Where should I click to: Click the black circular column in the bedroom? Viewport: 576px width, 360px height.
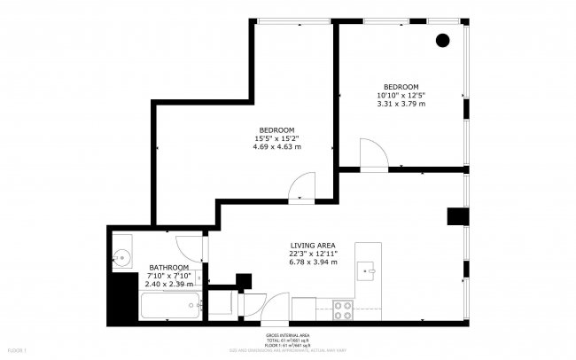[442, 39]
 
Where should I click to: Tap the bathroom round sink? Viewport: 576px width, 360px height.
[121, 257]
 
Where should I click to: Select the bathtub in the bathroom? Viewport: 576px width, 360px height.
[167, 307]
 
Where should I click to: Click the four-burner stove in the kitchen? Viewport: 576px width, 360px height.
[344, 309]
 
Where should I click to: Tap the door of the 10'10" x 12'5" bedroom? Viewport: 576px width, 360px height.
[372, 155]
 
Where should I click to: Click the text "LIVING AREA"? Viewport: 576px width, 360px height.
[313, 246]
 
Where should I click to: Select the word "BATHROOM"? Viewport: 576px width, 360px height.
[167, 268]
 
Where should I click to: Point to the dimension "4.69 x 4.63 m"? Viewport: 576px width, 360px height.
[277, 147]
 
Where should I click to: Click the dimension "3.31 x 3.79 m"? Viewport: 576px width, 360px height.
[401, 104]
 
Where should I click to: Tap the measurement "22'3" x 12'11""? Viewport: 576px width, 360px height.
[313, 254]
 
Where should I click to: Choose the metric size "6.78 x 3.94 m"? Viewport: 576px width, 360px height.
[313, 262]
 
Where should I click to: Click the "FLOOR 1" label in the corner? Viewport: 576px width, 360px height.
[15, 352]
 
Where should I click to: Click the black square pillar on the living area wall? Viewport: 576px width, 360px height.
[455, 217]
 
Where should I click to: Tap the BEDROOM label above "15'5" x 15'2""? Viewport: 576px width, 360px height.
[276, 130]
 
